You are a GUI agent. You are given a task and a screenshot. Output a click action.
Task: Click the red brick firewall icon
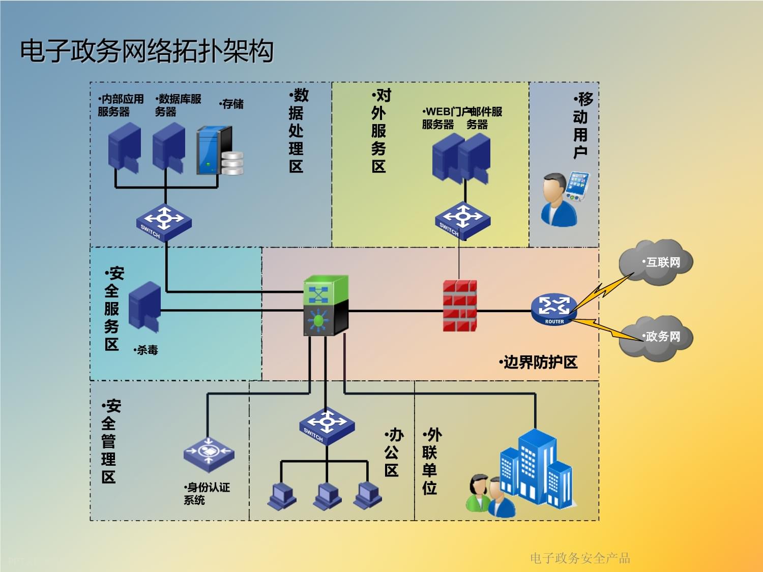459,306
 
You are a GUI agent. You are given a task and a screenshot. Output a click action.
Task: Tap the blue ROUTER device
554,309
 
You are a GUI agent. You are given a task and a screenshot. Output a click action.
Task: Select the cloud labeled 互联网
656,262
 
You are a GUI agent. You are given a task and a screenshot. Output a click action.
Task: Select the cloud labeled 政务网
656,338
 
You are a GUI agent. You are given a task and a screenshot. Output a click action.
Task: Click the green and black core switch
326,305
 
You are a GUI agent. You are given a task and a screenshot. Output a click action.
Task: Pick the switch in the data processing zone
164,222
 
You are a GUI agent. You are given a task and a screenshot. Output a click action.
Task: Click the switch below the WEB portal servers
462,220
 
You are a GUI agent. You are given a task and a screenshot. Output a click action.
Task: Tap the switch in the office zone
327,426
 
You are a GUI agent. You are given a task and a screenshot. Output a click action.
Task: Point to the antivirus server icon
145,307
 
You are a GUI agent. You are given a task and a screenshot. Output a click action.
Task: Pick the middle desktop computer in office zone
327,496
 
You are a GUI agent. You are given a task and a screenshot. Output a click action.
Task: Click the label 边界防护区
539,363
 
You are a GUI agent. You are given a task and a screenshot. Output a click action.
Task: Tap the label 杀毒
146,350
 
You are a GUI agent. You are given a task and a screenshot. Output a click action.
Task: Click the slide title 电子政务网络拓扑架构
146,51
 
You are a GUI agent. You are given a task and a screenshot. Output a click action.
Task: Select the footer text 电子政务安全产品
580,558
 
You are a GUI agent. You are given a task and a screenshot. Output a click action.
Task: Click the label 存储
232,104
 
